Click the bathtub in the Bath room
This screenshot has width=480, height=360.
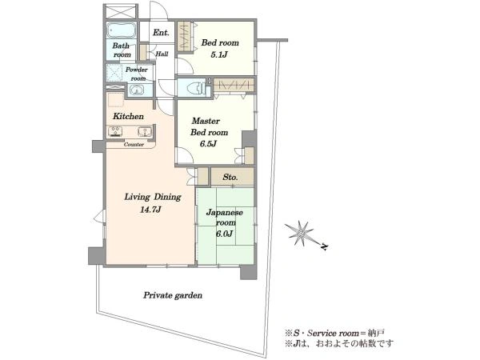pyautogui.click(x=122, y=30)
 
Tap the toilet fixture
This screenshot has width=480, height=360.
pyautogui.click(x=196, y=87)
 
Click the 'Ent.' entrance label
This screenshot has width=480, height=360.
pyautogui.click(x=161, y=33)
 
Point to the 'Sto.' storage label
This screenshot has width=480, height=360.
pyautogui.click(x=230, y=177)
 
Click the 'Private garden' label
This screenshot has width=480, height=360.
pyautogui.click(x=173, y=295)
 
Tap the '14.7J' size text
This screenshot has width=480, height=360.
pyautogui.click(x=150, y=210)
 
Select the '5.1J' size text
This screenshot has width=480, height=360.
pyautogui.click(x=219, y=55)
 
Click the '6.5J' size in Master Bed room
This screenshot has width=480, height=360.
pyautogui.click(x=208, y=143)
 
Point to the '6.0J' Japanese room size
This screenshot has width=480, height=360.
pyautogui.click(x=224, y=234)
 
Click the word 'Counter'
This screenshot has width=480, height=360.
pyautogui.click(x=134, y=145)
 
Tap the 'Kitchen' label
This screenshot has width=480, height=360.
pyautogui.click(x=128, y=116)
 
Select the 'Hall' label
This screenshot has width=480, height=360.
pyautogui.click(x=162, y=54)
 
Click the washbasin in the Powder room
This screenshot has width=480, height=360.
pyautogui.click(x=137, y=90)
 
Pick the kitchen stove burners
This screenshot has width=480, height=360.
pyautogui.click(x=115, y=132)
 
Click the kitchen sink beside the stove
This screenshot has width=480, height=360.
pyautogui.click(x=143, y=132)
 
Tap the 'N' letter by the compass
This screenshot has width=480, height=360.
pyautogui.click(x=324, y=246)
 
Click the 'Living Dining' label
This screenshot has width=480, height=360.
pyautogui.click(x=153, y=197)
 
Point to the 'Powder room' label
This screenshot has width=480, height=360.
pyautogui.click(x=138, y=74)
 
